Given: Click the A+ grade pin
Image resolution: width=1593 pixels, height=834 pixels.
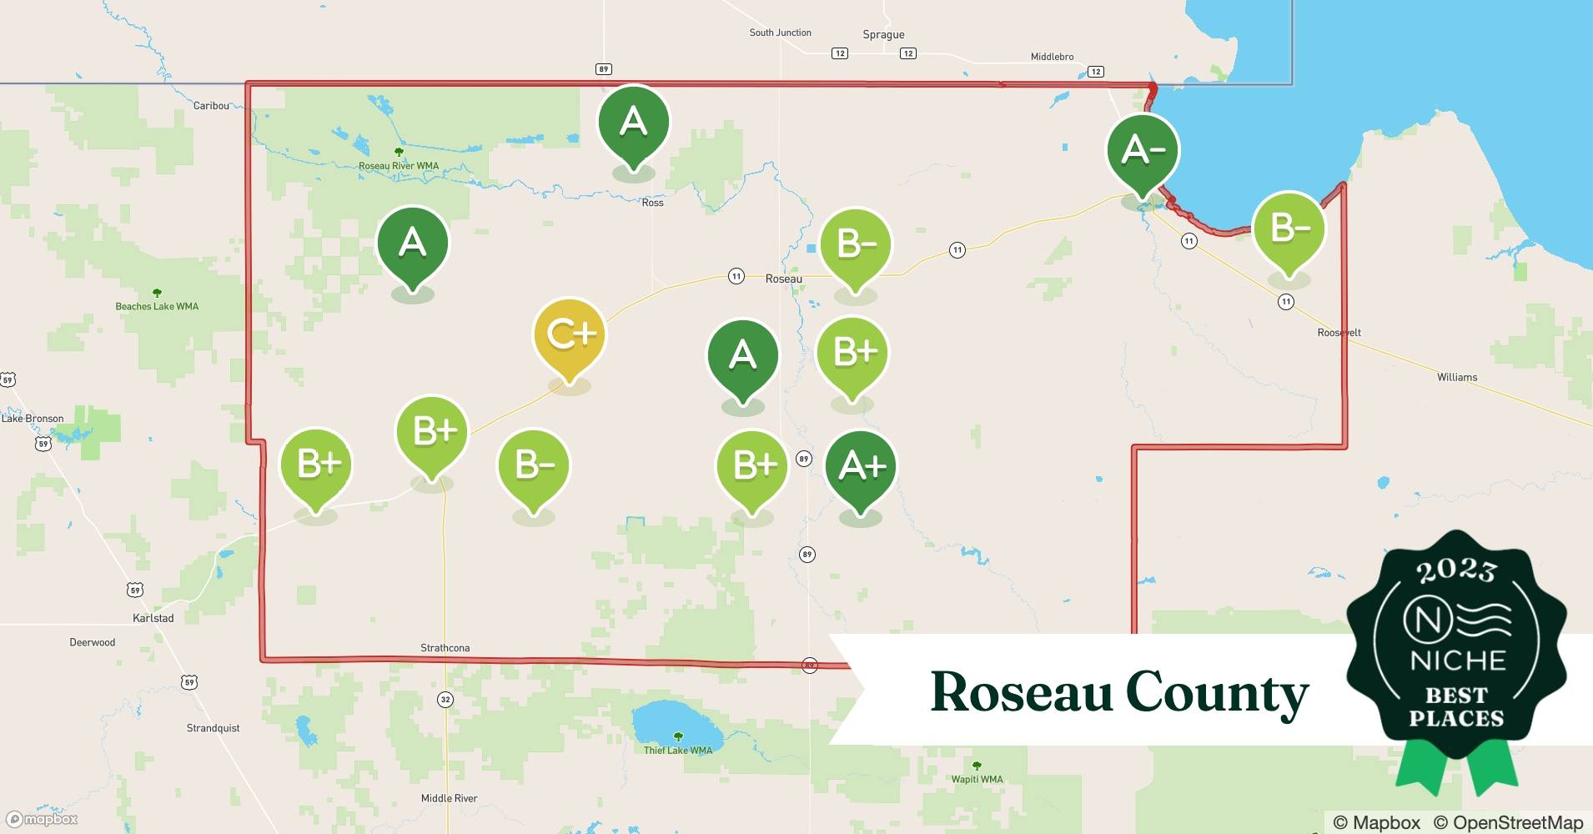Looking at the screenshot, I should pyautogui.click(x=861, y=467).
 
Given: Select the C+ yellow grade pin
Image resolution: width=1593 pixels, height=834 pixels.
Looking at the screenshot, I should pyautogui.click(x=570, y=335).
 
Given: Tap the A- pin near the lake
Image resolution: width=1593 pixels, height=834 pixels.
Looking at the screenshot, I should pyautogui.click(x=1143, y=151).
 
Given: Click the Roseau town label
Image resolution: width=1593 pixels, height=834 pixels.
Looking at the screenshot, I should pyautogui.click(x=783, y=279).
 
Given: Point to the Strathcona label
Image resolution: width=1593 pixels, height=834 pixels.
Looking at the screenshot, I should pyautogui.click(x=445, y=648).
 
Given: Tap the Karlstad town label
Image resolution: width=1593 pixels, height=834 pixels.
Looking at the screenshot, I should pyautogui.click(x=153, y=618).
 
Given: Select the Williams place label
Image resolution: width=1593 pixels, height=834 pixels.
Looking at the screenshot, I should pyautogui.click(x=1456, y=377).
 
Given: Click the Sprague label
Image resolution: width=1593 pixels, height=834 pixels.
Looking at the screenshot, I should pyautogui.click(x=883, y=35).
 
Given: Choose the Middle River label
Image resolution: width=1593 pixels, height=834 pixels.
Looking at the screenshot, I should pyautogui.click(x=449, y=798).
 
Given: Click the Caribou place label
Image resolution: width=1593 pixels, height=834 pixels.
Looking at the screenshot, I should pyautogui.click(x=211, y=105).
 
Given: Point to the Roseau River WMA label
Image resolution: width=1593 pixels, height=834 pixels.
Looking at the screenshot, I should pyautogui.click(x=399, y=166).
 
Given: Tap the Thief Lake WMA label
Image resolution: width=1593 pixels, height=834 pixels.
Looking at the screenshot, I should pyautogui.click(x=677, y=751).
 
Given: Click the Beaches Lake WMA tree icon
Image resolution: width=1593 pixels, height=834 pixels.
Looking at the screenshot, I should pyautogui.click(x=157, y=294).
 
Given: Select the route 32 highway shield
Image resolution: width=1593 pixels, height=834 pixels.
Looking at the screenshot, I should pyautogui.click(x=445, y=700).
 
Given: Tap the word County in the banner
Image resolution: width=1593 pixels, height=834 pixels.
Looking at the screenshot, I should pyautogui.click(x=1217, y=693).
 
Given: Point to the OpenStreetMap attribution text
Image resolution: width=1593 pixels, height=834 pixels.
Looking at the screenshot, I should pyautogui.click(x=1508, y=822).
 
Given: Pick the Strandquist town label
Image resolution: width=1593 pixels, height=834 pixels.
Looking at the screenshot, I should pyautogui.click(x=213, y=728).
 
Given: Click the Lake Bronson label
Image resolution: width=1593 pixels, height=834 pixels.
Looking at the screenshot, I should pyautogui.click(x=33, y=419).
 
